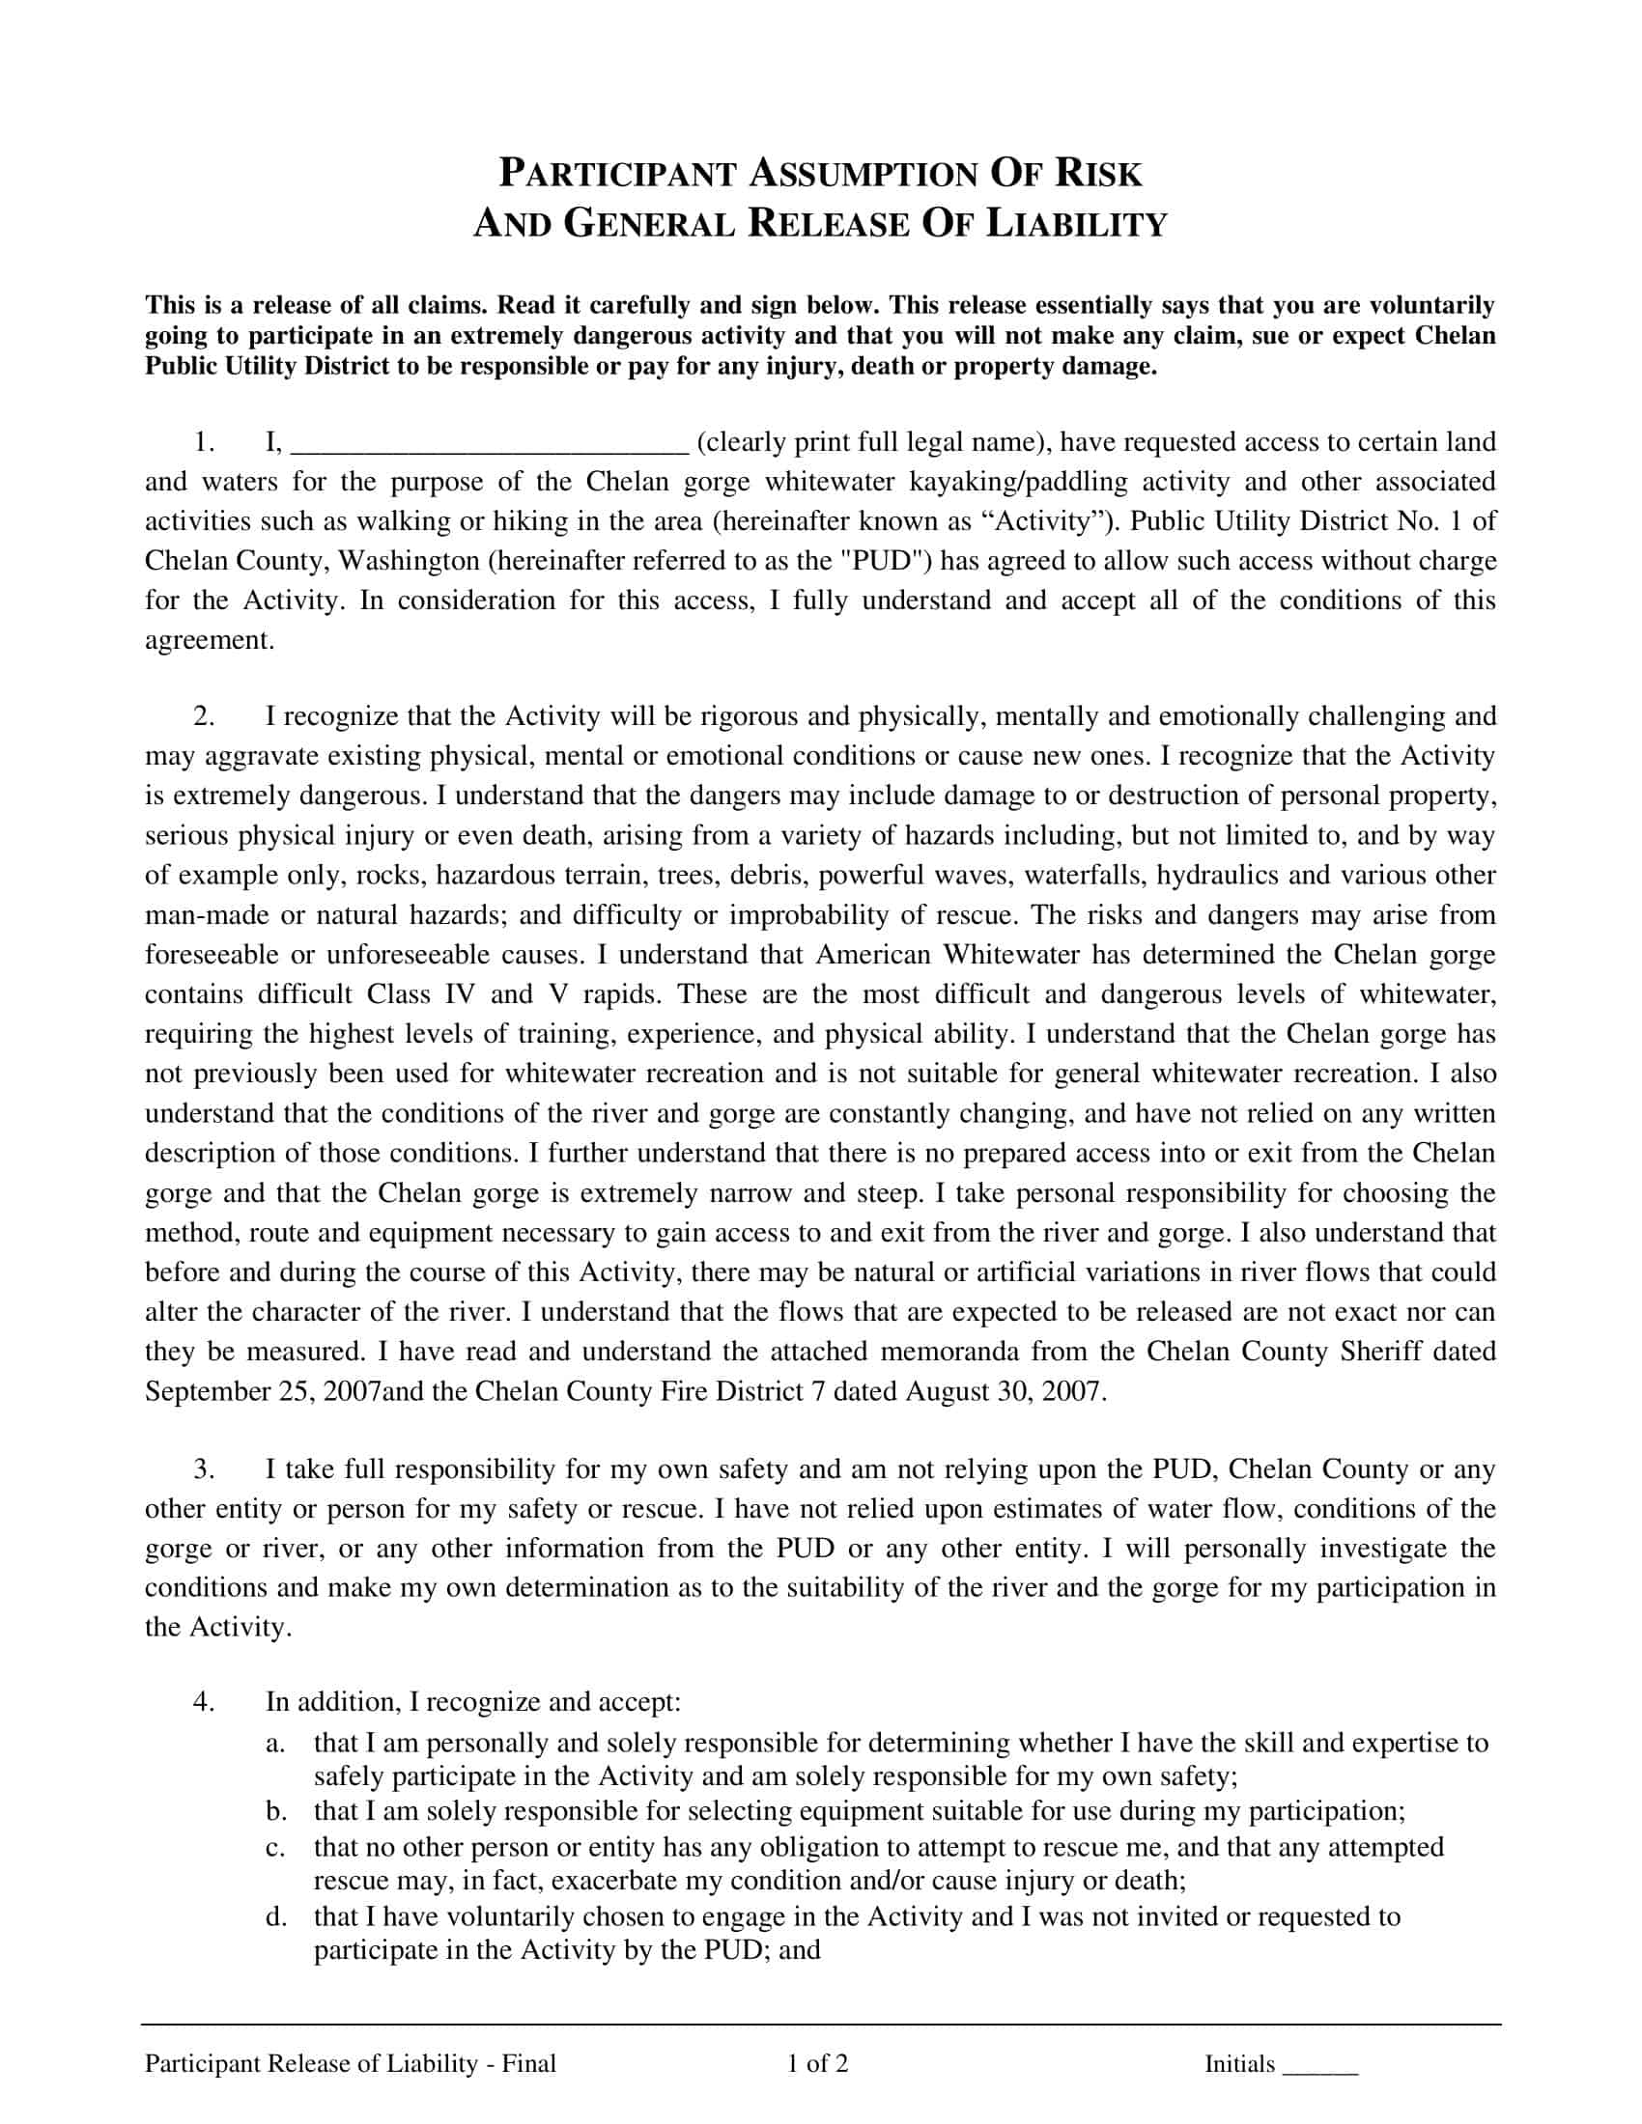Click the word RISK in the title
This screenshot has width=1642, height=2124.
click(x=1098, y=173)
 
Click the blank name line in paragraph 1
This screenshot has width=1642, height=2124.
click(x=491, y=445)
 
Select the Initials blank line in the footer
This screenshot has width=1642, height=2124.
click(x=1320, y=2067)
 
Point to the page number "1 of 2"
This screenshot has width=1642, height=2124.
click(x=818, y=2064)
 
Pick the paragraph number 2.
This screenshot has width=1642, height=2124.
click(x=203, y=716)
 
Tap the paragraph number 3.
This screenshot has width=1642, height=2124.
click(x=203, y=1469)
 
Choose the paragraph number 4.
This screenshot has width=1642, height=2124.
click(x=203, y=1702)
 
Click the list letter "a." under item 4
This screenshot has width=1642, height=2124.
click(x=275, y=1743)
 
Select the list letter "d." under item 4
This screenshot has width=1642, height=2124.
click(x=275, y=1916)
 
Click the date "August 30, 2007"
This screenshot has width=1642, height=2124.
click(x=1005, y=1391)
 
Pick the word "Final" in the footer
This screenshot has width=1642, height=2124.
click(x=529, y=2064)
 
